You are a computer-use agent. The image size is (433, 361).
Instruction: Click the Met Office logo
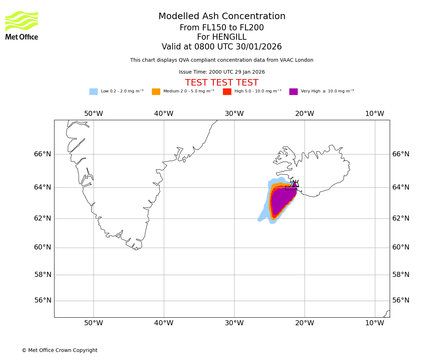coord(22,25)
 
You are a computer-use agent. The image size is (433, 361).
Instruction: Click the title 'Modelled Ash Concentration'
coord(222,17)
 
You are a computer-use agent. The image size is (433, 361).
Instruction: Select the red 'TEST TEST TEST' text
coord(222,83)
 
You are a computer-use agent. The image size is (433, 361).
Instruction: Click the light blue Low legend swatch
coord(93,92)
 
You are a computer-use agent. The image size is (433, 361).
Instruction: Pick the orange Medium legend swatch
coord(156,92)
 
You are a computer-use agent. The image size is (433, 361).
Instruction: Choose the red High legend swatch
coord(227,92)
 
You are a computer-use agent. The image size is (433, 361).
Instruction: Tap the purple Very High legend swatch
coord(293,92)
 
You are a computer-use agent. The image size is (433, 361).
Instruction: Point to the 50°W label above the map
coord(93,114)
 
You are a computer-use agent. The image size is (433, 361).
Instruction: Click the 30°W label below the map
coord(234,323)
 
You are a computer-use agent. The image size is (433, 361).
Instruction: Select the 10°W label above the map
coord(375,114)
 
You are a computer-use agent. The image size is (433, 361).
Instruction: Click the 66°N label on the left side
coord(43,154)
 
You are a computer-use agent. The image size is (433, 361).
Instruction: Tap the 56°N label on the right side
coord(401,300)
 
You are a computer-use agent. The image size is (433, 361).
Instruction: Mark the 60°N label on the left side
coord(43,247)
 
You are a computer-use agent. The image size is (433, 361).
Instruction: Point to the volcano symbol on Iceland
coord(296,183)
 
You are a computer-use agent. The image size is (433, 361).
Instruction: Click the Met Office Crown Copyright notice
coord(60,350)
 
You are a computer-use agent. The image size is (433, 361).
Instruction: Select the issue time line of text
coord(222,72)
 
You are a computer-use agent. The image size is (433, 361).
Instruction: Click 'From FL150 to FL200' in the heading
coord(222,28)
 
